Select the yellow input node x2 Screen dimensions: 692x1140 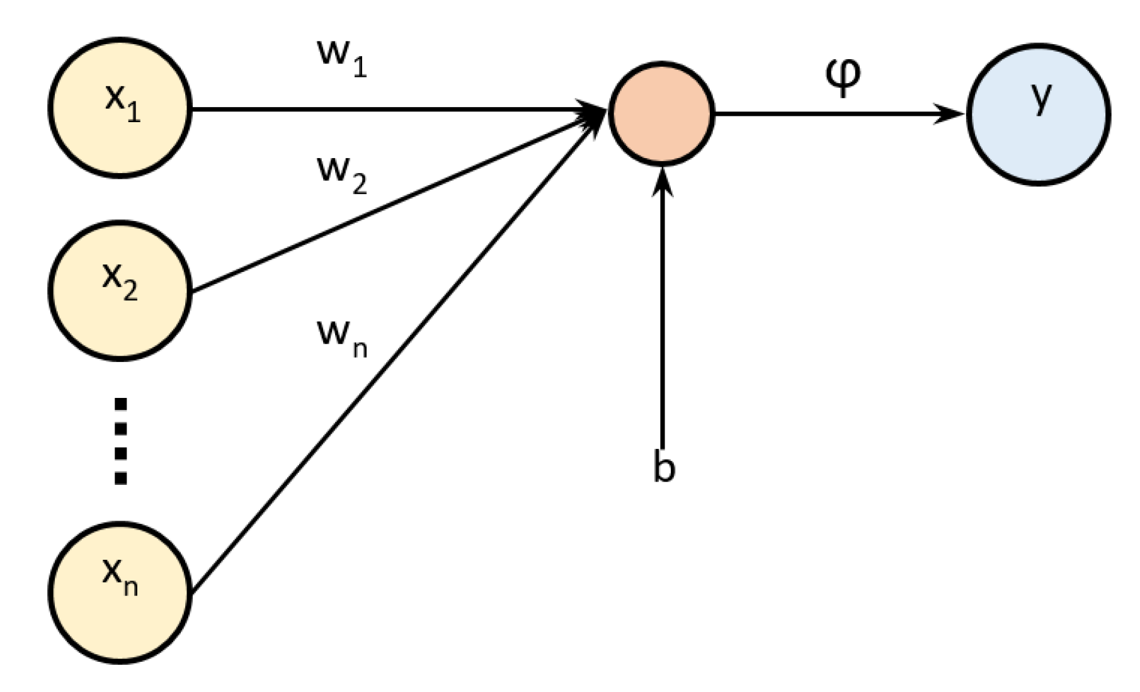click(120, 315)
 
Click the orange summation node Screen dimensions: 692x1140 click(661, 114)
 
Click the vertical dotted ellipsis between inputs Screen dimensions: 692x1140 click(120, 441)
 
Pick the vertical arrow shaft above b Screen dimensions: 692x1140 click(662, 315)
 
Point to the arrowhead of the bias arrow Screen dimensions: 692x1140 click(662, 179)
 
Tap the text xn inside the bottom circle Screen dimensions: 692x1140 click(120, 576)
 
